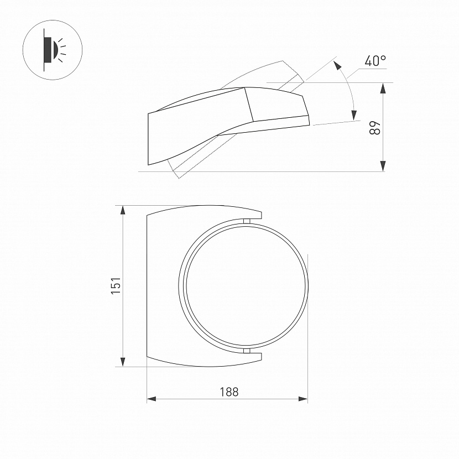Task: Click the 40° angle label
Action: pyautogui.click(x=375, y=61)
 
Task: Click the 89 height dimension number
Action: pyautogui.click(x=375, y=127)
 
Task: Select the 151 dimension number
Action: pyautogui.click(x=116, y=285)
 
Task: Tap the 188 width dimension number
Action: pyautogui.click(x=229, y=392)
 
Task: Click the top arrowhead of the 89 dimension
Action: pyautogui.click(x=383, y=88)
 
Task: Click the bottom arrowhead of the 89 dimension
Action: pyautogui.click(x=383, y=166)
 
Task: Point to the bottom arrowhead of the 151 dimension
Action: pyautogui.click(x=123, y=361)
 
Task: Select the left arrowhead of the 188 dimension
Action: pyautogui.click(x=152, y=399)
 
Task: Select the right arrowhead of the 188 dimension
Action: pyautogui.click(x=302, y=399)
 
